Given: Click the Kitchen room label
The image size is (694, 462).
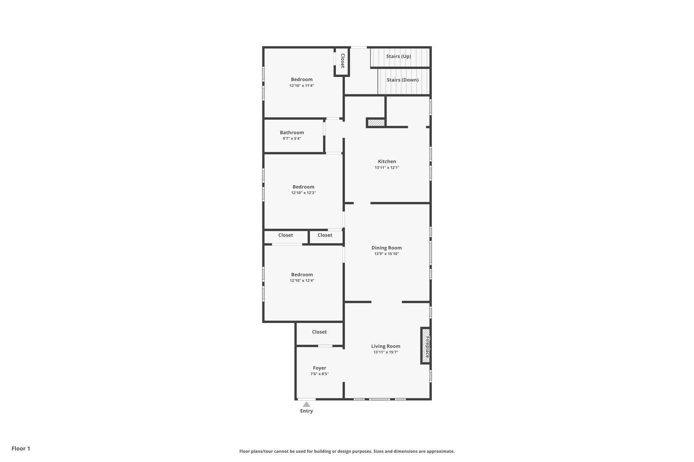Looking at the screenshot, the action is click(387, 161).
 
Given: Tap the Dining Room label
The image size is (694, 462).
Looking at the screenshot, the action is click(386, 248).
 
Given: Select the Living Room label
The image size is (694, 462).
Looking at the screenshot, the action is click(386, 346).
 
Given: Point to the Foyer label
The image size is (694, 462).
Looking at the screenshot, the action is click(320, 368).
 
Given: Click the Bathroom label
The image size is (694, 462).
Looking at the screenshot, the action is click(292, 133).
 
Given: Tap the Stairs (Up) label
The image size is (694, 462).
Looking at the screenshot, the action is click(398, 56).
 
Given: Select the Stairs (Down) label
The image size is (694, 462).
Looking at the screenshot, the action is click(402, 80).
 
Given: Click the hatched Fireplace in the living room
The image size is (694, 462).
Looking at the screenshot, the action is click(425, 346).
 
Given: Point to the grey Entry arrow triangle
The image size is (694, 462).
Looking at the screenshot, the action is click(306, 404).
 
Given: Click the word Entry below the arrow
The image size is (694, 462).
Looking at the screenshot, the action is click(306, 411).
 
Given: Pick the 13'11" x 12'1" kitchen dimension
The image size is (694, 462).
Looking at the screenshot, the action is click(387, 168).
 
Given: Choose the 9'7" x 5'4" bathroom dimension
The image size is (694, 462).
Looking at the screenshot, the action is click(292, 139).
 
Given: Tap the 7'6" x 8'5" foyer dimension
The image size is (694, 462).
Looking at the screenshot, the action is click(320, 374).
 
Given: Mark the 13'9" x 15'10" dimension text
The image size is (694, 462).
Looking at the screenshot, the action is click(386, 254).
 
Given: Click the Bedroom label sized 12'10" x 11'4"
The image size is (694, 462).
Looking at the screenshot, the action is click(302, 80).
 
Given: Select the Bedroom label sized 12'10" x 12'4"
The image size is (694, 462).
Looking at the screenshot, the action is click(302, 275).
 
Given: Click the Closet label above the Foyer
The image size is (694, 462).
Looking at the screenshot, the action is click(320, 332).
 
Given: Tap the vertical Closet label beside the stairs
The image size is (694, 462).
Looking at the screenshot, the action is click(343, 61).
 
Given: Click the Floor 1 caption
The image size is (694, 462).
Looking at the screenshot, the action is click(21, 448).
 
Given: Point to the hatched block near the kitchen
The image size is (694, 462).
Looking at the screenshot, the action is click(376, 123).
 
